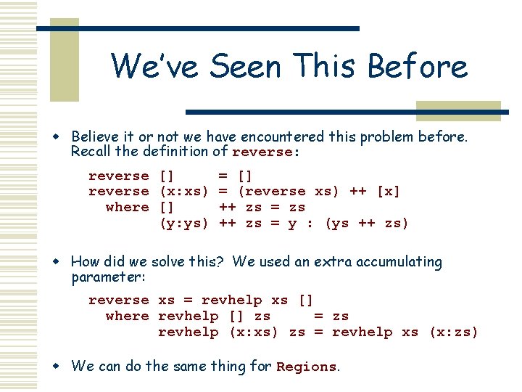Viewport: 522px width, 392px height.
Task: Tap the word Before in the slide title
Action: tap(417, 66)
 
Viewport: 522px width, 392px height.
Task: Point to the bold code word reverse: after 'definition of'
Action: tap(263, 152)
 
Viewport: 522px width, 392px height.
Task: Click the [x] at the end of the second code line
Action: tap(388, 191)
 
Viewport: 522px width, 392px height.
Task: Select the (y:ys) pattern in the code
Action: tap(183, 223)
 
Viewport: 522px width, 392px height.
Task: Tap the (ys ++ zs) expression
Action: tap(367, 223)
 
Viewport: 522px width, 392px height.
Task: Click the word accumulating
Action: tap(396, 262)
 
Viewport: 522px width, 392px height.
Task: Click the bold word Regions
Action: tap(306, 367)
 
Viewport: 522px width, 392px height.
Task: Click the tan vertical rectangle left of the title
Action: tap(64, 60)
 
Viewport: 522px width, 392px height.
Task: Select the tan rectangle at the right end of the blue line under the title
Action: tap(457, 110)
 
